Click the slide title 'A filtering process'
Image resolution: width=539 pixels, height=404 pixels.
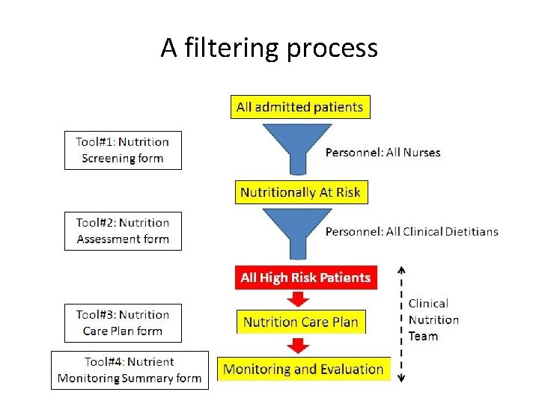(269, 49)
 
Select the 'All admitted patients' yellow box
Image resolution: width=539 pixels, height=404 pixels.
(299, 107)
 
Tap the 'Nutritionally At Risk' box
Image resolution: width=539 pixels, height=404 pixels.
(299, 192)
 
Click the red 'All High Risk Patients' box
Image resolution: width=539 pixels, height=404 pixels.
(305, 278)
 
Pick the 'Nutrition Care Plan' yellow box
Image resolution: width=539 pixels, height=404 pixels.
(301, 322)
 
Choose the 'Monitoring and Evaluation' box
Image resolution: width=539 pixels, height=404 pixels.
(303, 369)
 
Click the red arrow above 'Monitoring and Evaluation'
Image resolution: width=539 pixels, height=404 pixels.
(299, 345)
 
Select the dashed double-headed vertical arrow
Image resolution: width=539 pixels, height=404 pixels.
(401, 323)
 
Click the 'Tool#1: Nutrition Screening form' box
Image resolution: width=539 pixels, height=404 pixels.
(123, 150)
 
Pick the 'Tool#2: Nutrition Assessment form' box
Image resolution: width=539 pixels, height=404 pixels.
(123, 231)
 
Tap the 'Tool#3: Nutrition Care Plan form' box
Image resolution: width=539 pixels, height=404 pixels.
(123, 322)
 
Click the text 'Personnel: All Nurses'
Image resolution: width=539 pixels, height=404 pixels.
(383, 153)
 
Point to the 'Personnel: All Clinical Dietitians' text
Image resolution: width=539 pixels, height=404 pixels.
(411, 232)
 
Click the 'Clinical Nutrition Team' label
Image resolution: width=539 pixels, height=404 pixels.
(433, 320)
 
